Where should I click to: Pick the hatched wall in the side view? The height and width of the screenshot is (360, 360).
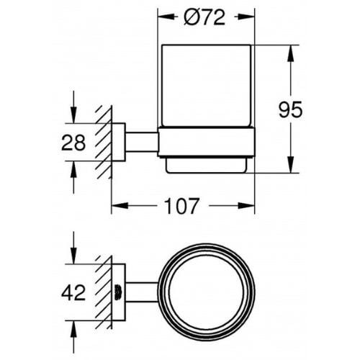[x=105, y=141]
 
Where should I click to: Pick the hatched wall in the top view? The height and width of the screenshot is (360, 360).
[x=105, y=292]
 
